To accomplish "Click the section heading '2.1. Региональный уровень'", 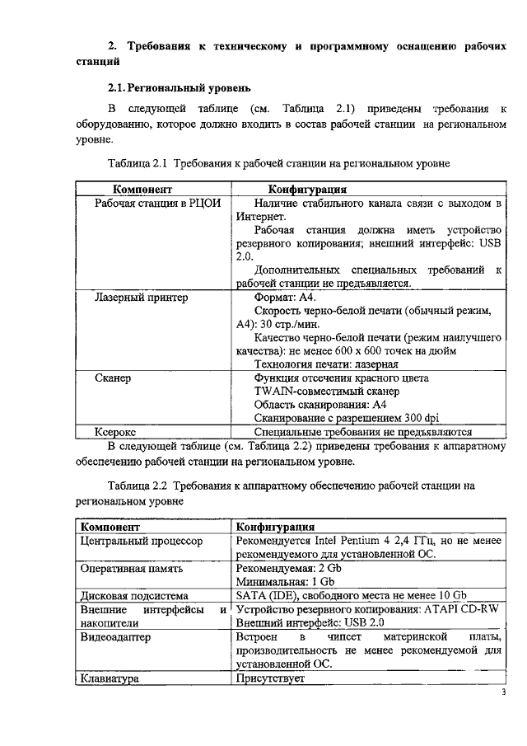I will point(180,87).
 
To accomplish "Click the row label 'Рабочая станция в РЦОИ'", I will point(157,203).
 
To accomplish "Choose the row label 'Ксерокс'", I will point(116,431).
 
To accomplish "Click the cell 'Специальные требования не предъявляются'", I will point(362,431).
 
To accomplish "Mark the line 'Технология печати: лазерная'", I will point(326,364).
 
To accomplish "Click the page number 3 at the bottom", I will point(504,692).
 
